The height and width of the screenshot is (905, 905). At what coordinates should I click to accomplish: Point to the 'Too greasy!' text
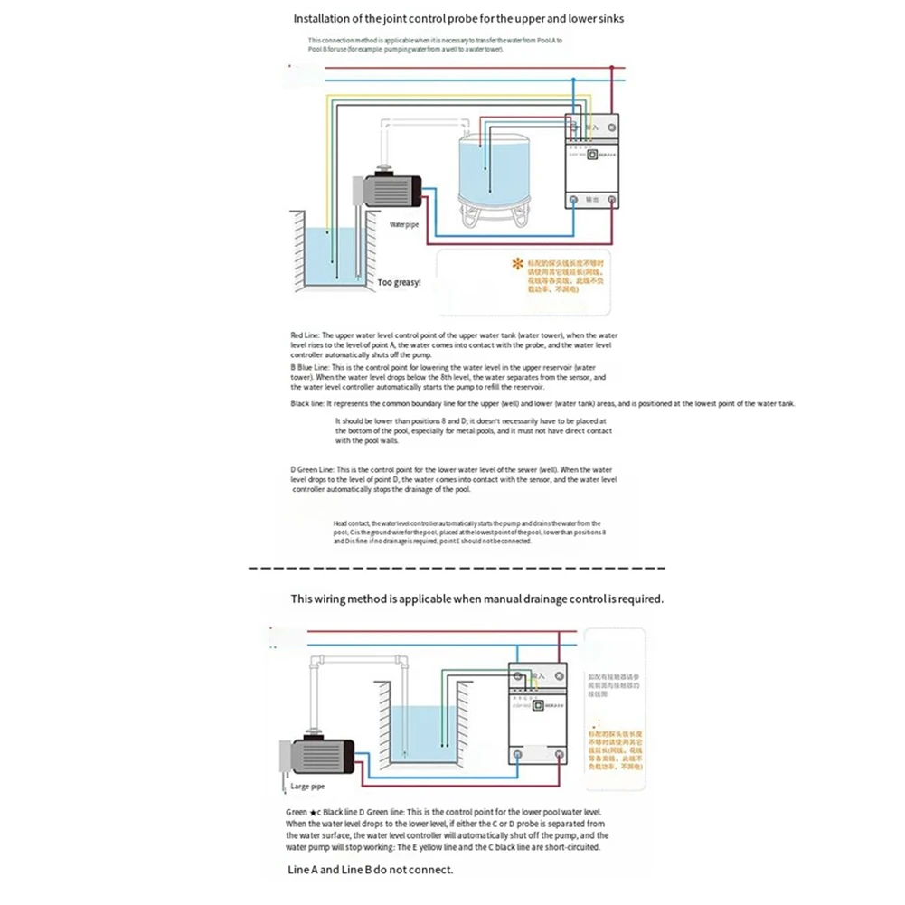tap(399, 282)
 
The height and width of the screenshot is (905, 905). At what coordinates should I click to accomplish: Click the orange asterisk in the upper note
tap(518, 264)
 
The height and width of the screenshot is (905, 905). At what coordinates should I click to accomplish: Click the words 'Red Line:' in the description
tap(305, 334)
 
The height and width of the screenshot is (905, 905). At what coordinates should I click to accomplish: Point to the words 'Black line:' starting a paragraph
tap(307, 403)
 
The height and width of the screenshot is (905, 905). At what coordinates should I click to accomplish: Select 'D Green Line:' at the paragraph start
tap(312, 470)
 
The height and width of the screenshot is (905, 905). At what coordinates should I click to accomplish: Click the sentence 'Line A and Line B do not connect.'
tap(371, 870)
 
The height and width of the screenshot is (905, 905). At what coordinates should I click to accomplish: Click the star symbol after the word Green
tap(313, 812)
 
